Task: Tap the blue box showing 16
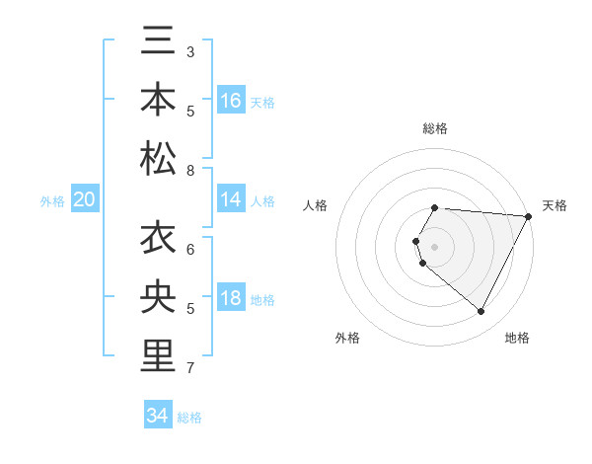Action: [x=231, y=101]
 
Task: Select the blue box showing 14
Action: [x=231, y=200]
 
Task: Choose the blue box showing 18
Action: [x=231, y=299]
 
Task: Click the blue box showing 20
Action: [x=85, y=200]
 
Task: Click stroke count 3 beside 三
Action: [x=190, y=51]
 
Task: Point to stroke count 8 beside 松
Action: [x=190, y=171]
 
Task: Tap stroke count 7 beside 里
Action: [x=190, y=368]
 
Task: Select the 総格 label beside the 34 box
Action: [x=189, y=418]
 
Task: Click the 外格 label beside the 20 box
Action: [x=52, y=201]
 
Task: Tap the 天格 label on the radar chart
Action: [x=555, y=205]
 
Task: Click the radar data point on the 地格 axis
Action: [x=481, y=312]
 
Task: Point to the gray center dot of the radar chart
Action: [x=435, y=246]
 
